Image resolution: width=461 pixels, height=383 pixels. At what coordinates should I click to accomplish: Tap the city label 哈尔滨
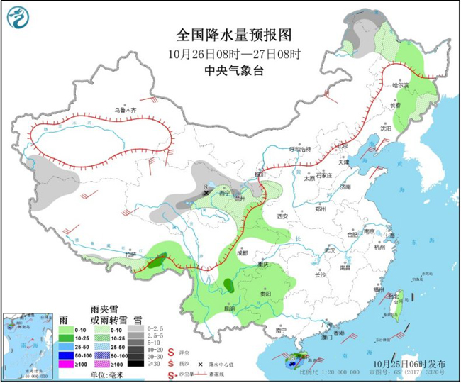402,84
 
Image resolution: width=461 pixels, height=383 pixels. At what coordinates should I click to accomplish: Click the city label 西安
285,215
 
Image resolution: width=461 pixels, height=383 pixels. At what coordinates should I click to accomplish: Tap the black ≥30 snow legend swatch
134,363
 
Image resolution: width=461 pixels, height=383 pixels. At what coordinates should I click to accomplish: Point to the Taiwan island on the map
396,297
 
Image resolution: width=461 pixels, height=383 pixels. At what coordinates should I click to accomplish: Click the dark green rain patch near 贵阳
228,285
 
